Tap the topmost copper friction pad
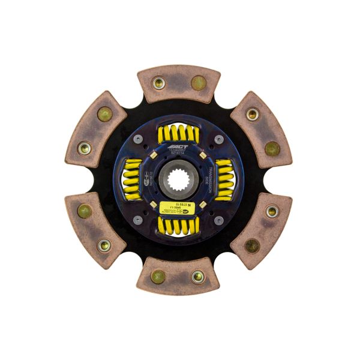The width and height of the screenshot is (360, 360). (179, 83)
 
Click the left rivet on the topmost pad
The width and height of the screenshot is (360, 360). (159, 83)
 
